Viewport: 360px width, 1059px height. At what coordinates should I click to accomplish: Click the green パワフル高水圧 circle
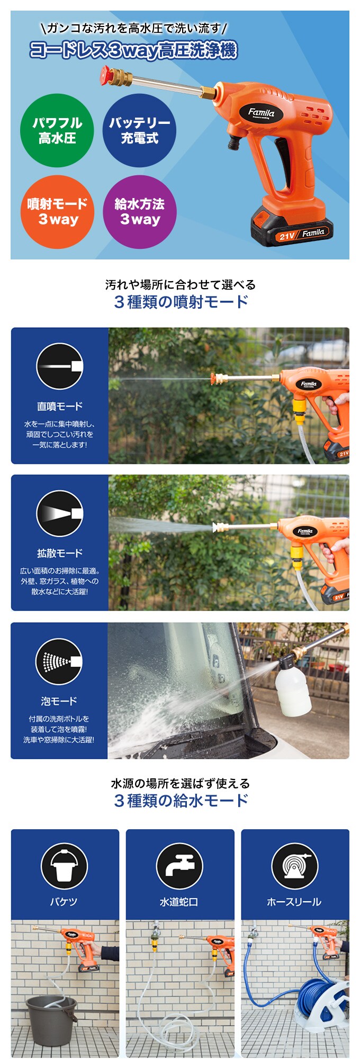(57, 131)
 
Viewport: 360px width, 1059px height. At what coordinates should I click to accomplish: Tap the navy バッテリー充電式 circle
(140, 131)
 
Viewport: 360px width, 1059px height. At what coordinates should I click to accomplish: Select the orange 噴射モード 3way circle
(57, 212)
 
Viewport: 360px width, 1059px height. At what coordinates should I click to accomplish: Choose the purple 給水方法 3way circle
(140, 212)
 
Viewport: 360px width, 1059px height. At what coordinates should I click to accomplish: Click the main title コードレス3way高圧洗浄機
(133, 50)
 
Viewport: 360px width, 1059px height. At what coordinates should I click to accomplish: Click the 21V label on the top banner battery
(286, 236)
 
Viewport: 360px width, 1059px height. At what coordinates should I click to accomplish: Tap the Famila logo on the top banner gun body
(262, 113)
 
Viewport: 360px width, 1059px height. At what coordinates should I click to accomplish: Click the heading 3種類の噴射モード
(181, 302)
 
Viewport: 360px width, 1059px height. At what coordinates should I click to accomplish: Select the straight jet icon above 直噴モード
(60, 366)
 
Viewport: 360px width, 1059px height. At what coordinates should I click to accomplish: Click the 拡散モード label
(60, 553)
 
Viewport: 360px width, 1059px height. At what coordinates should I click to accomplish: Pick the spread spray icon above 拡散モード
(60, 514)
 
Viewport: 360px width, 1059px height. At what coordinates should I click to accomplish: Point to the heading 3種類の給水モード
(181, 800)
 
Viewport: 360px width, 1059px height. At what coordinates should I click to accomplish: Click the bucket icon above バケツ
(65, 866)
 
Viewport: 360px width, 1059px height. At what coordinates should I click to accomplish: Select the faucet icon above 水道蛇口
(180, 866)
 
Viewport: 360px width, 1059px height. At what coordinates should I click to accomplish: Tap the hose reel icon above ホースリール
(295, 866)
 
